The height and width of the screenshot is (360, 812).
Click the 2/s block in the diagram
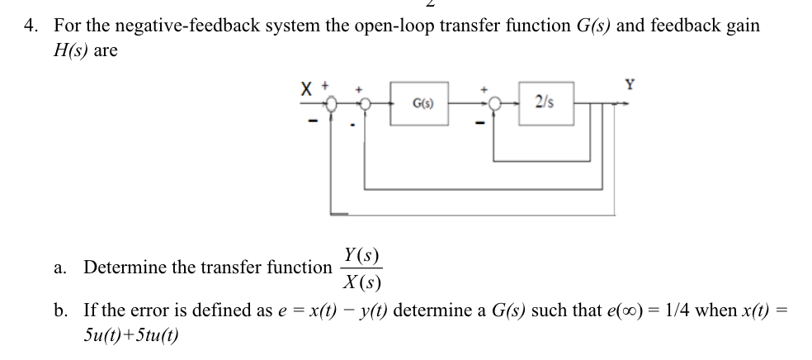tap(543, 103)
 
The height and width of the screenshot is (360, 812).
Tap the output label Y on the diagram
tap(630, 83)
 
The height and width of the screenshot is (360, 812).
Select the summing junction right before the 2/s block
tap(495, 104)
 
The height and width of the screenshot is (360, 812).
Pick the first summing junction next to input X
tap(332, 104)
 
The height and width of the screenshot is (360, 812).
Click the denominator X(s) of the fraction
tap(361, 281)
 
